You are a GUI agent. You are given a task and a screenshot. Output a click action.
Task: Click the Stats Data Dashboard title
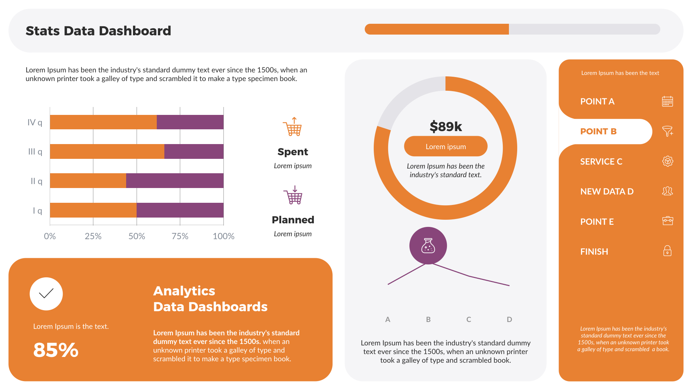(x=98, y=31)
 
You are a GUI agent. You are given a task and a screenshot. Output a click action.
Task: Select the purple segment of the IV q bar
(x=190, y=122)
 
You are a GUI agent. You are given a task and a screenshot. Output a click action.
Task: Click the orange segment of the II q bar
(x=88, y=180)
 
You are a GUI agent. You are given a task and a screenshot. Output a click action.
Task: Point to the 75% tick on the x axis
(x=180, y=236)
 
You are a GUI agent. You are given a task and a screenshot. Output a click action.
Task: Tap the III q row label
(x=35, y=152)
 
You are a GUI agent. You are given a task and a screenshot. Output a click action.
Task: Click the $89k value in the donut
(x=445, y=126)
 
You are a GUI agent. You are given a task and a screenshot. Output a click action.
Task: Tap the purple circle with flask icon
(x=428, y=246)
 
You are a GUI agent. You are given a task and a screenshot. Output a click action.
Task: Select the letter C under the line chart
(x=469, y=319)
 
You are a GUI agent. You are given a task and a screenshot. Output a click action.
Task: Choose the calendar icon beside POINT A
(x=667, y=101)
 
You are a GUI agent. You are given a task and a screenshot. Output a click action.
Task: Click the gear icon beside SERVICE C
(x=667, y=161)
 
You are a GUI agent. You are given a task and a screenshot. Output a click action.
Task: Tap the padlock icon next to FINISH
(x=667, y=251)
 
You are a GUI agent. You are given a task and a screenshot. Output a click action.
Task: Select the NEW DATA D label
(x=607, y=192)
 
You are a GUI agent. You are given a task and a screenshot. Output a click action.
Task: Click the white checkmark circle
(x=46, y=294)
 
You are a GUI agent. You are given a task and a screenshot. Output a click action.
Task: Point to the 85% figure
(x=56, y=350)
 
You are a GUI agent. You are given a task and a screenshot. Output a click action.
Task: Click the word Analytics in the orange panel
(x=184, y=291)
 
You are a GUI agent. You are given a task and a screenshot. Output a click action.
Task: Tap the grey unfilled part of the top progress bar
(x=584, y=29)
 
